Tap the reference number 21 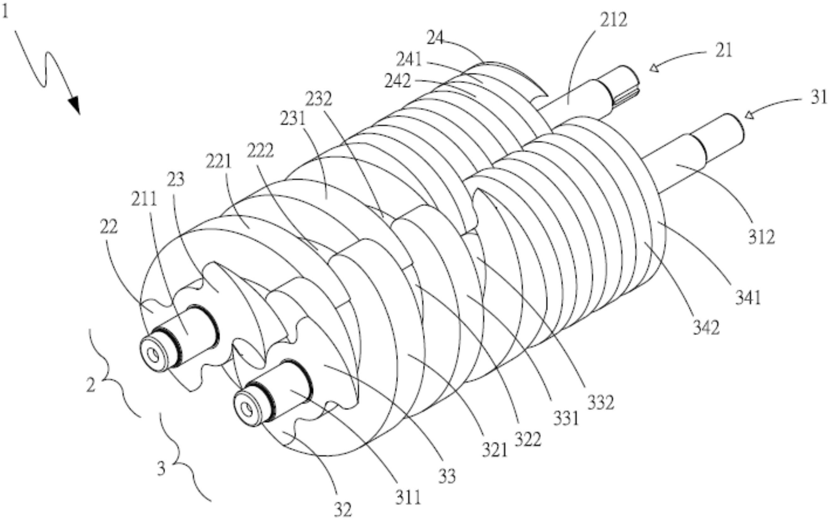724,51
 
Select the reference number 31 819,97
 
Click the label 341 748,297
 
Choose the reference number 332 601,402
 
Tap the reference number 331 566,418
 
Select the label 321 494,450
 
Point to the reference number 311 408,498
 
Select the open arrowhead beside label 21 654,68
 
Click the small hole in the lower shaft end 246,409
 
